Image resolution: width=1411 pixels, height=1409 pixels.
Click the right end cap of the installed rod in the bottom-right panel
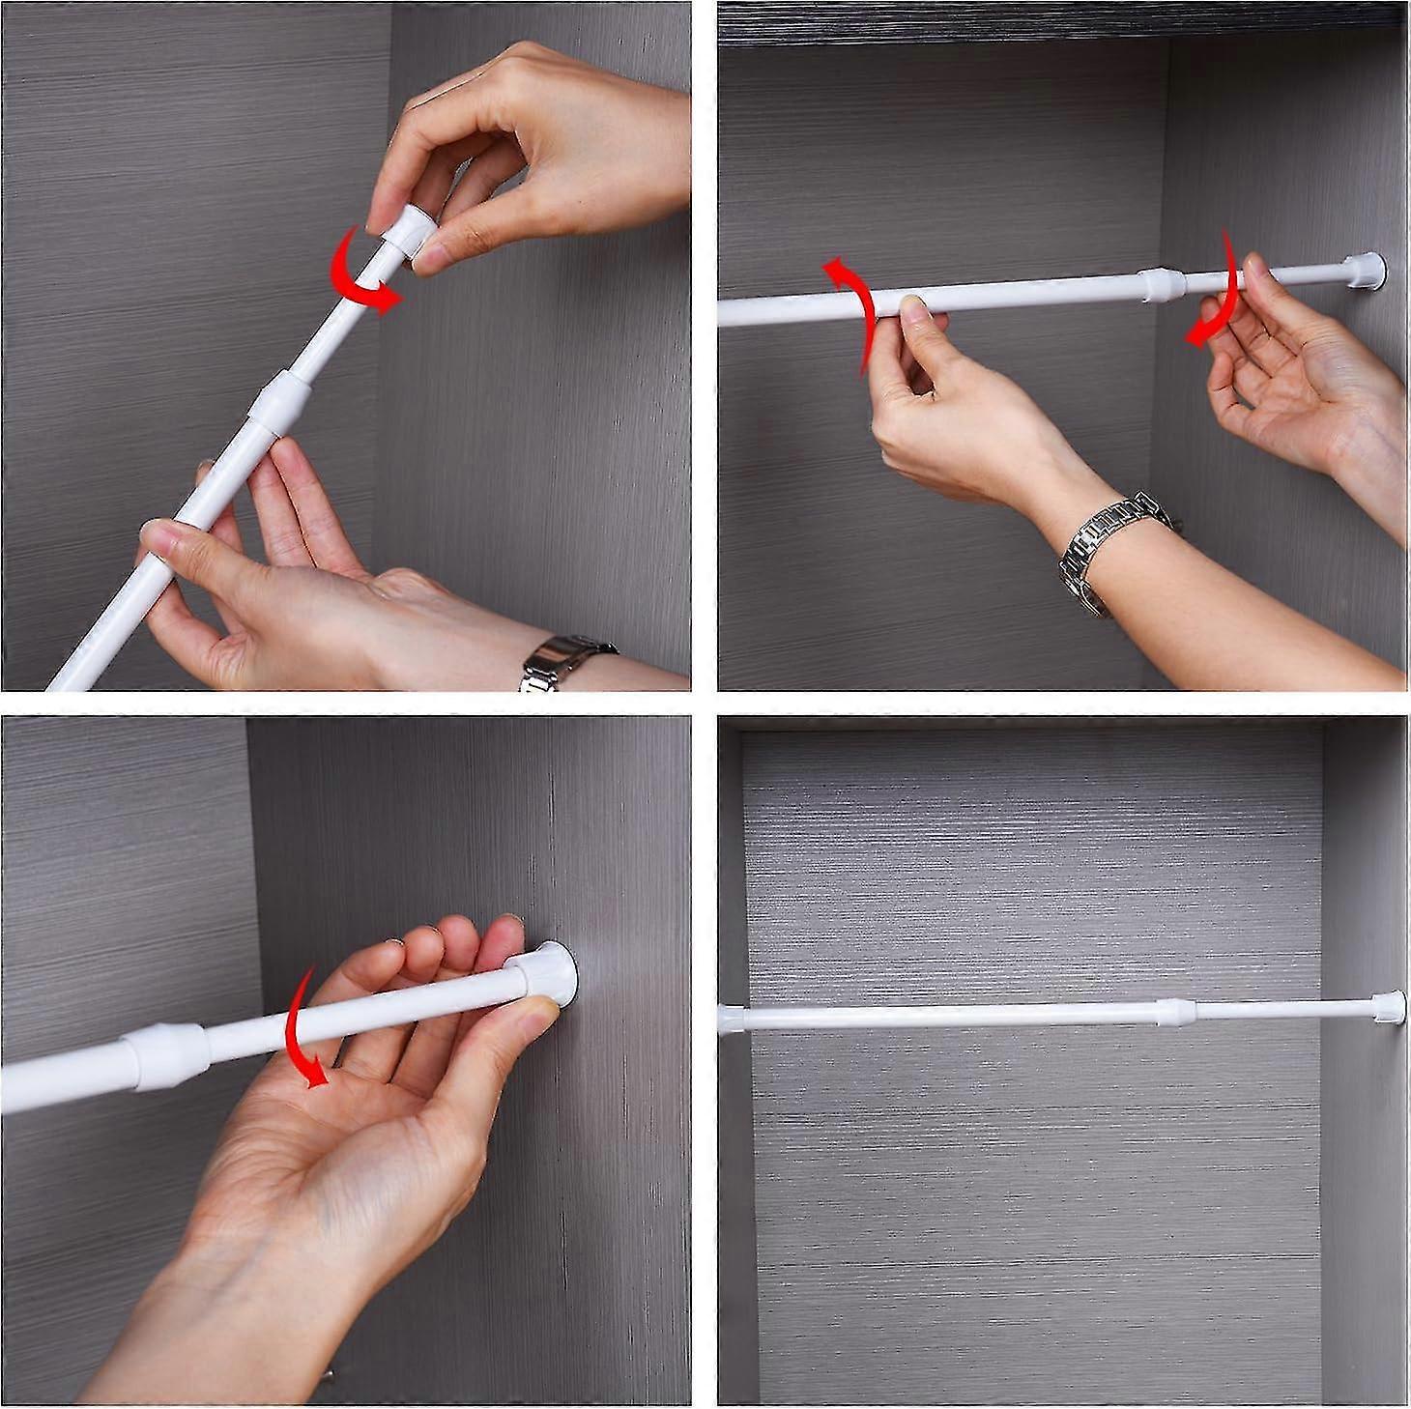pyautogui.click(x=1388, y=1005)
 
